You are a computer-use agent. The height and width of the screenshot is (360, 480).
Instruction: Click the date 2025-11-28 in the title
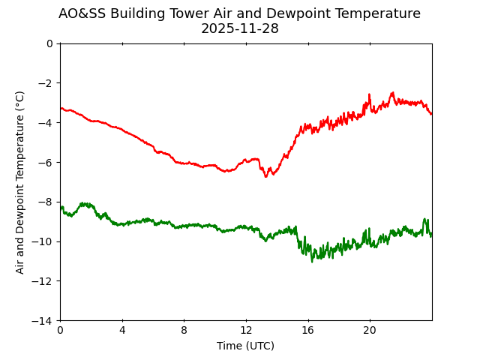239,28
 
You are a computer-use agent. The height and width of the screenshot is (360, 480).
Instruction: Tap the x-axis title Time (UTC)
245,346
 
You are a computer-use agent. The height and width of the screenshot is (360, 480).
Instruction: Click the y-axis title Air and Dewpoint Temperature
20,181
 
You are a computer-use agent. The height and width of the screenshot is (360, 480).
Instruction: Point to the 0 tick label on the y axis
49,43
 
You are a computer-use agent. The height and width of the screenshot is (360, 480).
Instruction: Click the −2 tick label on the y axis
46,83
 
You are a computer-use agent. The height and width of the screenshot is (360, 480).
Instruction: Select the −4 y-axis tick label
46,123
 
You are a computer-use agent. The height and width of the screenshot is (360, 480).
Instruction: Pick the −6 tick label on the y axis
46,163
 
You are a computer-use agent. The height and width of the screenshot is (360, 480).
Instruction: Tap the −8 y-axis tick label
46,202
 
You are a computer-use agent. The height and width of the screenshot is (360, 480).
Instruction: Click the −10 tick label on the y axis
43,241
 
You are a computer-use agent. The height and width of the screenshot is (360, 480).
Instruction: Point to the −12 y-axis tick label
43,281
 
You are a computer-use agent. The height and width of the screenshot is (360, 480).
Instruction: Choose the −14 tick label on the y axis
43,321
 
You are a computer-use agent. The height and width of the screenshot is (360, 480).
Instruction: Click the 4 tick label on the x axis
122,331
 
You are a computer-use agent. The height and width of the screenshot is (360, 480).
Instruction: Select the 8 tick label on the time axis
184,331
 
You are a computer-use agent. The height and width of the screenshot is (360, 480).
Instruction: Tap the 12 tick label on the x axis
246,331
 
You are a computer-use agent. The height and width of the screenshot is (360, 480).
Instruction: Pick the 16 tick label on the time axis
307,331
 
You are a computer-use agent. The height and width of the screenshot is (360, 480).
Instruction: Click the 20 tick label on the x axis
370,331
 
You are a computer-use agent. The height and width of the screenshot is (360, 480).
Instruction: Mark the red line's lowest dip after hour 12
265,176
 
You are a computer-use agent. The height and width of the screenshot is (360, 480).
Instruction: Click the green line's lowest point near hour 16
313,261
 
